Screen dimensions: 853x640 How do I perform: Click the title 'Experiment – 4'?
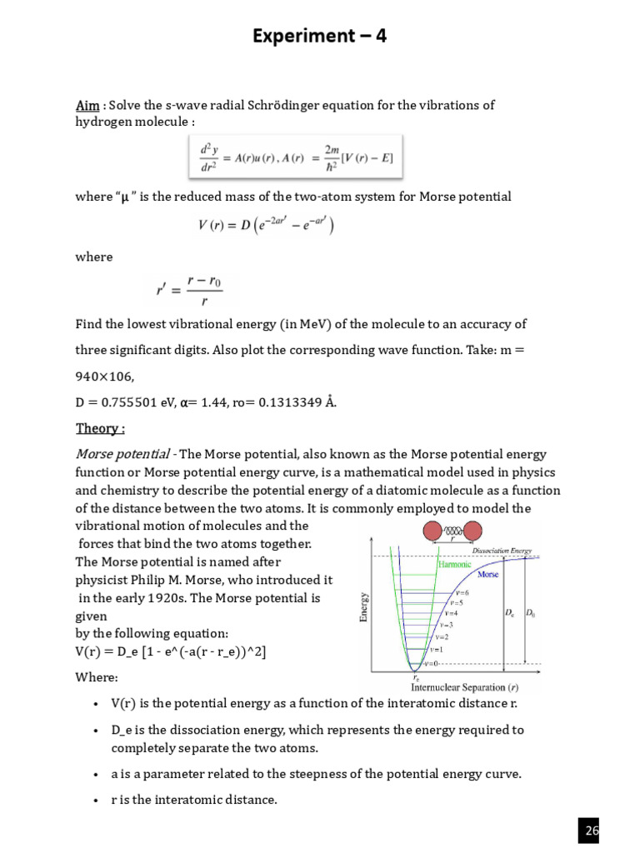(x=320, y=36)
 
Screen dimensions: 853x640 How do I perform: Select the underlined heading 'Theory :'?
(x=100, y=428)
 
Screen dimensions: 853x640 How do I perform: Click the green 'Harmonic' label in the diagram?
(x=454, y=563)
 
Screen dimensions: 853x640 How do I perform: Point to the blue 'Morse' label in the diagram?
(x=488, y=575)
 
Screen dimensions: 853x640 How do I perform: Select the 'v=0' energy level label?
(x=430, y=663)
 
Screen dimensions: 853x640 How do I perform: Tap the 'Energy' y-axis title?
(x=363, y=606)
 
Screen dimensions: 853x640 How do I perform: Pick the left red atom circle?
(x=435, y=531)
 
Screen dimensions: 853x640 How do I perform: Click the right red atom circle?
(x=472, y=531)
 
